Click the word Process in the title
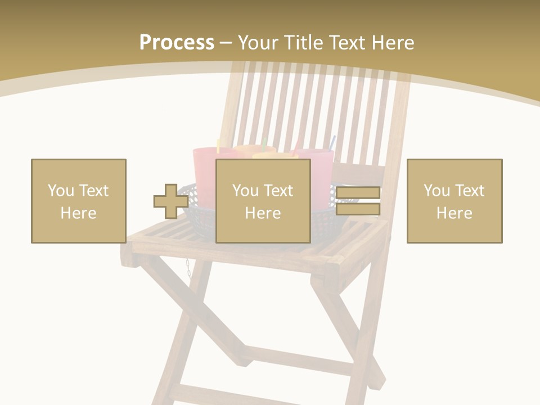[x=177, y=43]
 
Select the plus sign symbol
[x=170, y=201]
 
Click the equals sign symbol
[x=358, y=201]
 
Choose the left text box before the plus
[x=79, y=201]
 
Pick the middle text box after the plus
[x=263, y=201]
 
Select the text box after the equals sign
[x=454, y=201]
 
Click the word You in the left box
[x=61, y=191]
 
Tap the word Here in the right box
[x=454, y=213]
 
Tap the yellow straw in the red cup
[x=219, y=145]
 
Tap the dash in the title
[x=226, y=43]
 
